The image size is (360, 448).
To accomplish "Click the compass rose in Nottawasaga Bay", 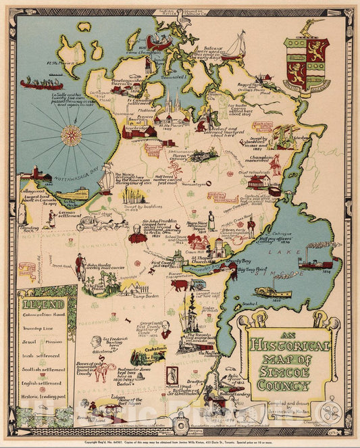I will click(70, 135).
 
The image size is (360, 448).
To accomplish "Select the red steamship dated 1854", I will click(315, 264).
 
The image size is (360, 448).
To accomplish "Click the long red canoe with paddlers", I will click(41, 84).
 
